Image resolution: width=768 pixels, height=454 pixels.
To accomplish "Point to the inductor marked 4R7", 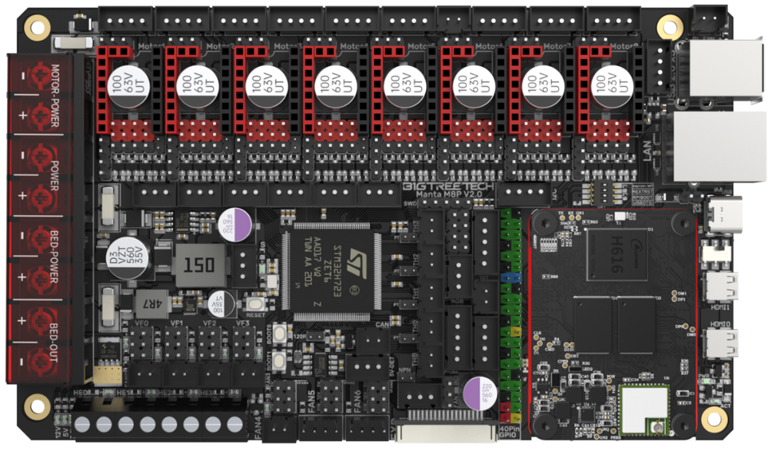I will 155,303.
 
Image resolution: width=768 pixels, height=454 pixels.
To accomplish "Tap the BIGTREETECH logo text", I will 450,187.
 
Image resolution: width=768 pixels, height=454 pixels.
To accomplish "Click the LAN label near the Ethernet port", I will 648,158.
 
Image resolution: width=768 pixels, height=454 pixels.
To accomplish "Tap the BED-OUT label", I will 55,339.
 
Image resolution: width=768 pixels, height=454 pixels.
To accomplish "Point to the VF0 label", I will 142,323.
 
